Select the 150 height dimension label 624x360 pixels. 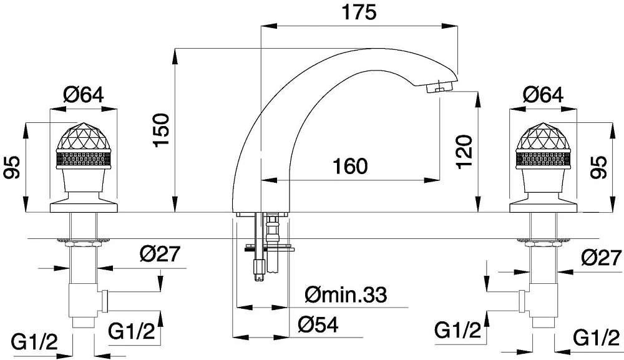tap(162, 130)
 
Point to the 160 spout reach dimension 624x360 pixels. tap(350, 166)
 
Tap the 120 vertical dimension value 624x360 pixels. tap(464, 152)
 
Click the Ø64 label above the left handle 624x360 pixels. tap(83, 95)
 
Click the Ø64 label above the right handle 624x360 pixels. tap(544, 95)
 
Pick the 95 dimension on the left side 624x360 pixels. tap(12, 168)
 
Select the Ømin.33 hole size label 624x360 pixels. tap(346, 294)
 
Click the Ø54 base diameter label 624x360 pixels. tap(318, 325)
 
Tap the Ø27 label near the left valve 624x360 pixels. tap(160, 253)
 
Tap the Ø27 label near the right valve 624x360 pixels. tap(602, 258)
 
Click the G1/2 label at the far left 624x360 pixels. tap(35, 342)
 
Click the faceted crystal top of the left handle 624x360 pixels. tap(84, 136)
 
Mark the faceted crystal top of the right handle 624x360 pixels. tap(544, 136)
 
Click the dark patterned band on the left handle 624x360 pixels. tap(84, 158)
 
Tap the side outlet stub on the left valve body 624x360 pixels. tap(105, 301)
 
